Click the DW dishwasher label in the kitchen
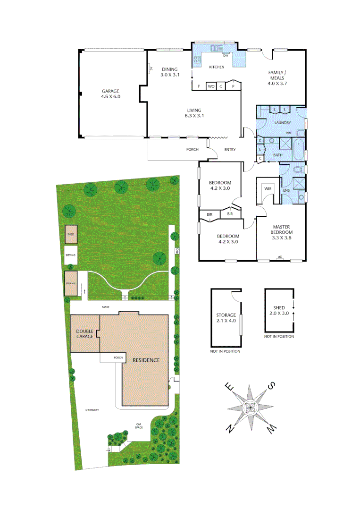(226, 56)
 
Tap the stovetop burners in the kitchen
(197, 60)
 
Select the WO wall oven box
(211, 86)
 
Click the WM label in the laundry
(288, 133)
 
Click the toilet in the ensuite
(297, 169)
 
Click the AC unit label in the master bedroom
(280, 257)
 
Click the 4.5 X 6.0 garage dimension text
(111, 96)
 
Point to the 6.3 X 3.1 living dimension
(197, 115)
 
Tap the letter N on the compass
(230, 429)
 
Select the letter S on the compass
(271, 386)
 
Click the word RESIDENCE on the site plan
(146, 360)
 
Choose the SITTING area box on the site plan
(71, 255)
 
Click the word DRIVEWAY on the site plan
(92, 410)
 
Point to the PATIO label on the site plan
(105, 307)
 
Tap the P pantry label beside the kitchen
(233, 86)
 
